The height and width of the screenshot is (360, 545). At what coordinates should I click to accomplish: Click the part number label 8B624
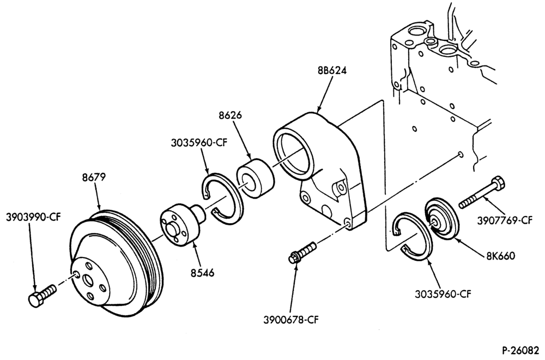pos(332,70)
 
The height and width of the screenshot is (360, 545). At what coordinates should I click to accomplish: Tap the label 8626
pos(230,115)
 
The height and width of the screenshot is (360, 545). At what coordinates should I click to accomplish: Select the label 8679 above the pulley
pos(94,177)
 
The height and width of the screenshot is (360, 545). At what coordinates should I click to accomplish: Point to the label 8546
pos(202,273)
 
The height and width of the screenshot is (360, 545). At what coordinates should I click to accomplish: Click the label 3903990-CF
pos(33,217)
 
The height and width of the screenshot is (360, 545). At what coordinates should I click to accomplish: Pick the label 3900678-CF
pos(291,320)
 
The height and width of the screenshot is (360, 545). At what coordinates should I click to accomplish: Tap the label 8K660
pos(500,256)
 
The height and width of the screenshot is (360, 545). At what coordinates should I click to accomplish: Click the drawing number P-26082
pos(522,350)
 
